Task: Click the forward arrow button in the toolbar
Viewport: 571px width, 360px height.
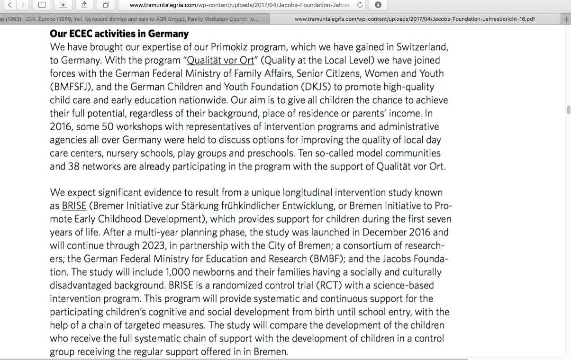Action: [x=22, y=5]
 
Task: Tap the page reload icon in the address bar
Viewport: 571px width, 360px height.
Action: [x=360, y=5]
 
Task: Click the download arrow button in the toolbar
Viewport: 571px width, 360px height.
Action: [x=378, y=5]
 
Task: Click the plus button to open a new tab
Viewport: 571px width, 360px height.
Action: [x=566, y=19]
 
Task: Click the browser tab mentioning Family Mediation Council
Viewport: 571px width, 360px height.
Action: [x=135, y=19]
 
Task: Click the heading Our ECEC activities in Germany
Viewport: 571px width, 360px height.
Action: [x=119, y=34]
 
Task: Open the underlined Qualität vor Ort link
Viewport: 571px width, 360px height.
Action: [x=220, y=61]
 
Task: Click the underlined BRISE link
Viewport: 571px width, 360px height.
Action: [x=74, y=206]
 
